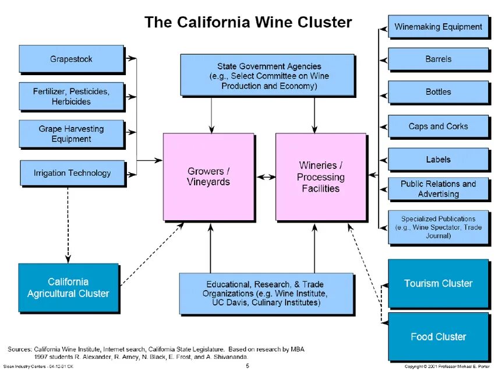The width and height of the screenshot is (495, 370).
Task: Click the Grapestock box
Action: click(71, 59)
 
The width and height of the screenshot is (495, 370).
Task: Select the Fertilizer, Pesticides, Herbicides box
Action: click(71, 96)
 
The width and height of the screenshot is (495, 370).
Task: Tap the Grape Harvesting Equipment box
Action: click(71, 133)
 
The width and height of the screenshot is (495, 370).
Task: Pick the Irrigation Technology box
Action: click(72, 172)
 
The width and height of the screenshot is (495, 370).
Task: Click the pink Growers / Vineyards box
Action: click(208, 177)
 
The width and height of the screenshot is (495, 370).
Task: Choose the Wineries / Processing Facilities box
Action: click(320, 177)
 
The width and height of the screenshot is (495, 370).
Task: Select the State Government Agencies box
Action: click(267, 75)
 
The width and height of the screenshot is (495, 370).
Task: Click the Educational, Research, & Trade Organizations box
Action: click(266, 293)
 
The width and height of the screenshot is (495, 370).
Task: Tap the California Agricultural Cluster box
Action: click(68, 287)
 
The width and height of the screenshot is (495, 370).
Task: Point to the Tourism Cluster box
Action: click(438, 283)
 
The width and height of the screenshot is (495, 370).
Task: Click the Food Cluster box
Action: click(438, 336)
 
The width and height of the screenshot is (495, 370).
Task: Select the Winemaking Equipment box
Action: click(438, 27)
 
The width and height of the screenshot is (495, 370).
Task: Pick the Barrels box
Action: click(438, 59)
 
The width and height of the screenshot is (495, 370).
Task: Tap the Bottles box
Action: click(438, 91)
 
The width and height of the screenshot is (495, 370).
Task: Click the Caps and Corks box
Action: click(438, 126)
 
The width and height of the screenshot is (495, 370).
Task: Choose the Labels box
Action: click(438, 159)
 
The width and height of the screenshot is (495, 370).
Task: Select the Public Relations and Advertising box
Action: click(438, 188)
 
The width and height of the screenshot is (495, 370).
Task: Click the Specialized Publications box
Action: click(438, 227)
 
